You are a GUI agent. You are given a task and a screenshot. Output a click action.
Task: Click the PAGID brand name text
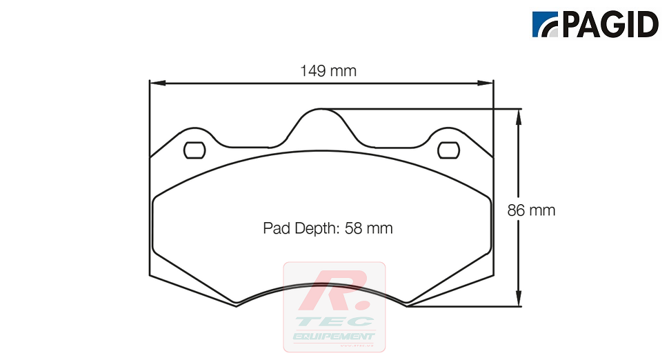(x=611, y=25)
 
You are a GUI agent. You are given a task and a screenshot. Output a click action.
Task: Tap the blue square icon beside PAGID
(x=547, y=25)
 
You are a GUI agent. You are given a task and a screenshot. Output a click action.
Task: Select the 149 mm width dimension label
(x=328, y=70)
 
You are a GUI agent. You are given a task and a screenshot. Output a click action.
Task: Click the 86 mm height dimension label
(x=531, y=210)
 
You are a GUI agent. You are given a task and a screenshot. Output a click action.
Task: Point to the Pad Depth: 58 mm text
(x=328, y=228)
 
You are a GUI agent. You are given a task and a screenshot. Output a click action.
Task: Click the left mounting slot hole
(x=194, y=150)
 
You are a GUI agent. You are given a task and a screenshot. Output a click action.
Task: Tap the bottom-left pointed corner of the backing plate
(x=237, y=306)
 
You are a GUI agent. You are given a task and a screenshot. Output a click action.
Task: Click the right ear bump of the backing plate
(x=449, y=132)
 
